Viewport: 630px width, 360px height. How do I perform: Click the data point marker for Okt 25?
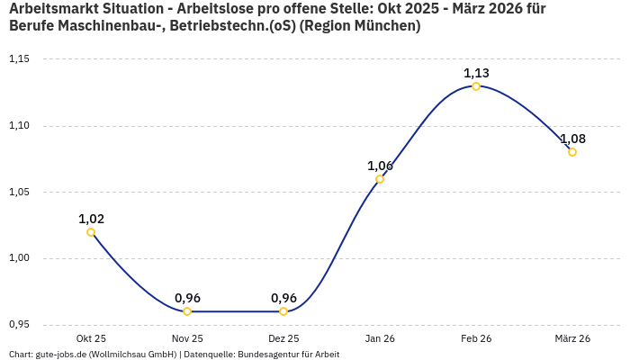tap(91, 232)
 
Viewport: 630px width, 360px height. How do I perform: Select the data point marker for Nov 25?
tap(187, 311)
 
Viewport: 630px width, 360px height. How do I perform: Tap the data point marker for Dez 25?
tap(283, 311)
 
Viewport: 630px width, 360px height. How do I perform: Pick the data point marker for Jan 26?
tap(380, 179)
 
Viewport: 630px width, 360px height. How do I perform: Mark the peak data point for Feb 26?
tap(476, 86)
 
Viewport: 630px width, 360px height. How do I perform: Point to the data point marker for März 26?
tap(572, 152)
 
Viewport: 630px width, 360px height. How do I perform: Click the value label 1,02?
tap(91, 219)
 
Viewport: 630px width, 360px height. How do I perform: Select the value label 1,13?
tap(476, 73)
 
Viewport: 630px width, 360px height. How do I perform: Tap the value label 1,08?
tap(572, 139)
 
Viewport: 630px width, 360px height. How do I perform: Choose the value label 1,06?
tap(380, 166)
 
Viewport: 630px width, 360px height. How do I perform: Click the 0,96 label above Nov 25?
tap(187, 298)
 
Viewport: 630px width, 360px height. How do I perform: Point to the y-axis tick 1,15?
tap(19, 59)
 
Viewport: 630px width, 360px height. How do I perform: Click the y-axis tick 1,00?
tap(19, 258)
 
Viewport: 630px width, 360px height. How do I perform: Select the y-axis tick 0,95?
tap(19, 325)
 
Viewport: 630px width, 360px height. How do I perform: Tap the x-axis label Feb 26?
tap(476, 338)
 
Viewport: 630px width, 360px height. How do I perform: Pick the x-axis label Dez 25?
tap(283, 338)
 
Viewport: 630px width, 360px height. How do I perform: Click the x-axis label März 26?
tap(572, 338)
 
